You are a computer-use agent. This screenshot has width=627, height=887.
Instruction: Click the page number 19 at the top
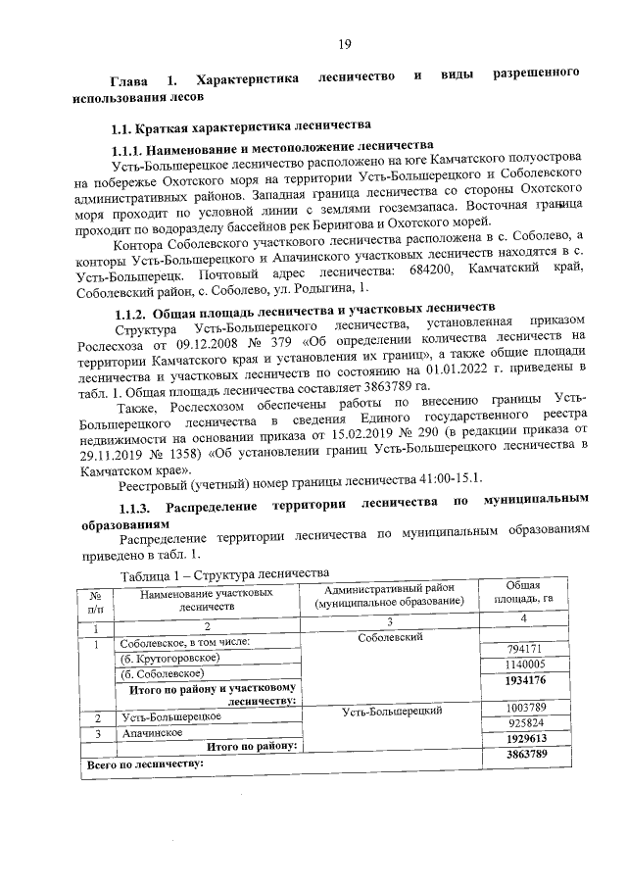click(345, 44)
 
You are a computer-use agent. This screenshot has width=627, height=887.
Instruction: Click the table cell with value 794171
click(525, 650)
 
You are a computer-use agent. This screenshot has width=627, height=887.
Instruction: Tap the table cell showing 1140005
click(525, 665)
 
